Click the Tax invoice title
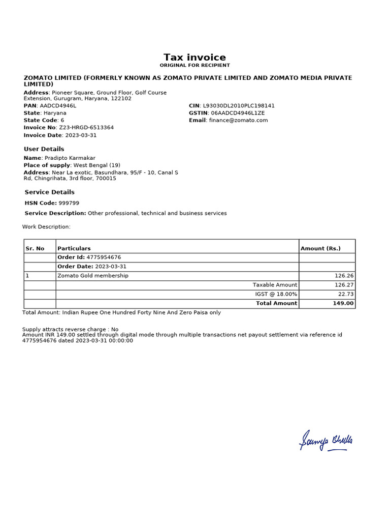tap(194, 57)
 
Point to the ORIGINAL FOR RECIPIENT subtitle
tap(194, 65)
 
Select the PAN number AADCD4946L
tap(58, 106)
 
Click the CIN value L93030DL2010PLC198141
tap(239, 106)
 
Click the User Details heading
tap(44, 149)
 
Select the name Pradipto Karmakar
tap(70, 158)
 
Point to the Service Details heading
tap(50, 192)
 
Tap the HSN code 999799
tap(69, 203)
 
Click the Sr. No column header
tap(35, 248)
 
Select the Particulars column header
tap(74, 248)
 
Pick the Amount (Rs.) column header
tap(320, 248)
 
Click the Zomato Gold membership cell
tap(93, 276)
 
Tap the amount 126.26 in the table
tap(344, 276)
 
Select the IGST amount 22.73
tap(345, 294)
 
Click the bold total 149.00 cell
tap(343, 303)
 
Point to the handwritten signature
tap(326, 441)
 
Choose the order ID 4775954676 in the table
tap(104, 257)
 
